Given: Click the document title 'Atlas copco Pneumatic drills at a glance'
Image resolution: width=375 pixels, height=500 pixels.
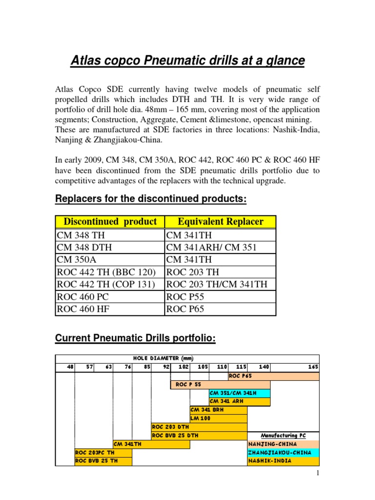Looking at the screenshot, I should pyautogui.click(x=187, y=61).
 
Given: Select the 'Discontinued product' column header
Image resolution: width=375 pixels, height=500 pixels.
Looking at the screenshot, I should pyautogui.click(x=110, y=222).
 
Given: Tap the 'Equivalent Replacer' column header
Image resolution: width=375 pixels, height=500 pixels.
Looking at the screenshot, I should pyautogui.click(x=221, y=222).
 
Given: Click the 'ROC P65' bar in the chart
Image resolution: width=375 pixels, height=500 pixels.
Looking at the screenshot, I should pyautogui.click(x=273, y=376).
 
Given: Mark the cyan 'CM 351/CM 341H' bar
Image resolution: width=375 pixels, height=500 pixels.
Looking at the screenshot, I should pyautogui.click(x=239, y=393).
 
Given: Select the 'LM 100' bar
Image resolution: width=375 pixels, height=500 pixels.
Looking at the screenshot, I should pyautogui.click(x=218, y=418).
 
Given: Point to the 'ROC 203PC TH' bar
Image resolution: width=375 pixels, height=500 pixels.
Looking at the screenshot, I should pyautogui.click(x=103, y=453).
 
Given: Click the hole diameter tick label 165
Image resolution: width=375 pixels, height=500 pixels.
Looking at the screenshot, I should pyautogui.click(x=313, y=367).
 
